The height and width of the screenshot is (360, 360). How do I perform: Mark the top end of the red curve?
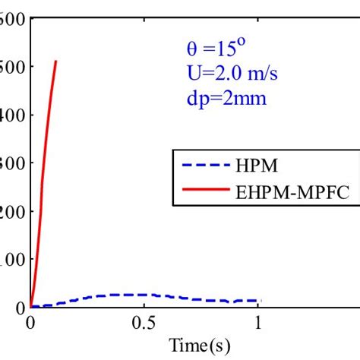[55, 62]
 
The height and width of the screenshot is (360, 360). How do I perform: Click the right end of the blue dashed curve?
[261, 301]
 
